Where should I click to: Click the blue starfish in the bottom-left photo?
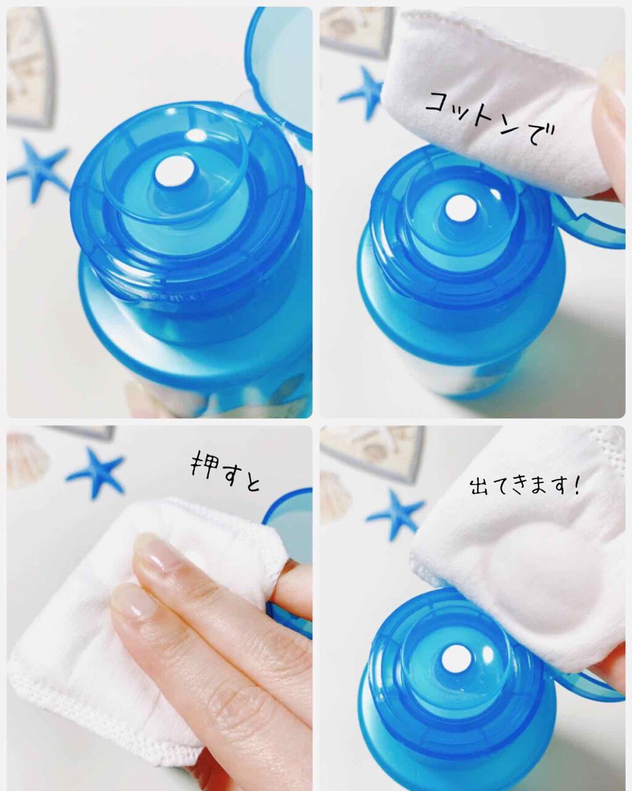[96, 470]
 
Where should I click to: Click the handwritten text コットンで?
[490, 117]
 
